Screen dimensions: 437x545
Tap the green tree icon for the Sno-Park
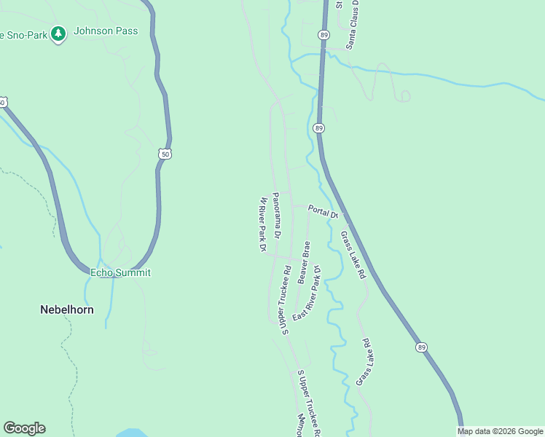58,34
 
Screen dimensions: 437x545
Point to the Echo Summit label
120,272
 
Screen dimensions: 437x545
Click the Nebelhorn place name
66,310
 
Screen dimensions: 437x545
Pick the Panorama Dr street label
276,216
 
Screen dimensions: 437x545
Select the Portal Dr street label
323,211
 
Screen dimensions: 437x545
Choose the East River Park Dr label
307,298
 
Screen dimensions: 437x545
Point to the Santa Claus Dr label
353,24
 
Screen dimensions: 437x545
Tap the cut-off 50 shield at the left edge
2,102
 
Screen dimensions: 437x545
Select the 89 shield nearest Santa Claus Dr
323,34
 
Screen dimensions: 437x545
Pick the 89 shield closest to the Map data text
422,347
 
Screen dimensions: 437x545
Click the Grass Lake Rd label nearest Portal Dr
353,256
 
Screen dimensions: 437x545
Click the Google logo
24,428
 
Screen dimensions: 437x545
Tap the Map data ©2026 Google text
500,431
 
